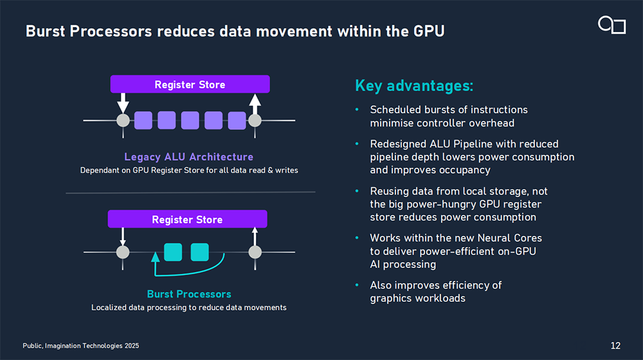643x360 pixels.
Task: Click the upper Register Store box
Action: click(190, 84)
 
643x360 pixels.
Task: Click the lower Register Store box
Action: click(187, 219)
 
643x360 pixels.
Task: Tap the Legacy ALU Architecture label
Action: click(188, 157)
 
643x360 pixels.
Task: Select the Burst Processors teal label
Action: click(189, 294)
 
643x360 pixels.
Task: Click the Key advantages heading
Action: click(414, 86)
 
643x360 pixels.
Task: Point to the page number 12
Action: click(615, 346)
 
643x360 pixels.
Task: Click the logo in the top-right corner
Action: click(611, 25)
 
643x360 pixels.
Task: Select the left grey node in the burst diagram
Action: click(123, 251)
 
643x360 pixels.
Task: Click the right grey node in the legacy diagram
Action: click(255, 120)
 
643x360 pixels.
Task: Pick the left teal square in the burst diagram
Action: click(173, 251)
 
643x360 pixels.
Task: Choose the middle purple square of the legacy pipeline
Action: click(190, 120)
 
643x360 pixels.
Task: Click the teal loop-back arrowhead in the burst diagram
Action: click(154, 256)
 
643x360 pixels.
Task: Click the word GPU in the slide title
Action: click(430, 30)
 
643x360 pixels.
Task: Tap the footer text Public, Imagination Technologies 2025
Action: click(80, 346)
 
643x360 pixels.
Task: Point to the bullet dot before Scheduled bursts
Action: click(357, 110)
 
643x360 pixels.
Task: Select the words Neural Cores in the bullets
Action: click(511, 238)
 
